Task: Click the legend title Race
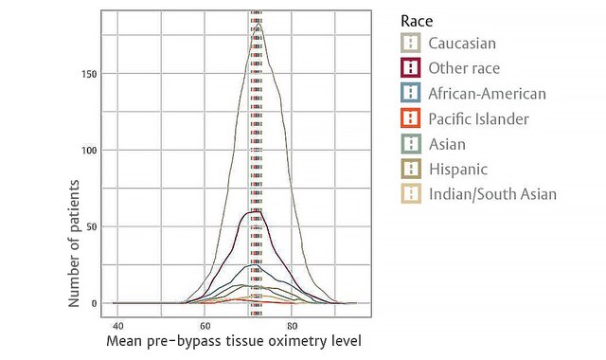pyautogui.click(x=418, y=20)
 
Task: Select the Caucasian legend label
pyautogui.click(x=461, y=44)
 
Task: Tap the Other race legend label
pyautogui.click(x=463, y=68)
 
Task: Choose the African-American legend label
pyautogui.click(x=487, y=94)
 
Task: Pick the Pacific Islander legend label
pyautogui.click(x=478, y=119)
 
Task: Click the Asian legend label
pyautogui.click(x=446, y=144)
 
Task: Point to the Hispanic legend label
pyautogui.click(x=457, y=170)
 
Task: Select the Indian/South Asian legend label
pyautogui.click(x=491, y=195)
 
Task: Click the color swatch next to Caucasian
pyautogui.click(x=410, y=44)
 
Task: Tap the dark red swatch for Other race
pyautogui.click(x=410, y=68)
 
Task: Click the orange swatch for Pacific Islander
pyautogui.click(x=410, y=119)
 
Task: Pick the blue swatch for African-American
pyautogui.click(x=410, y=94)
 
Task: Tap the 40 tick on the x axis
pyautogui.click(x=116, y=324)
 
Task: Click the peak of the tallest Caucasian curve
pyautogui.click(x=258, y=24)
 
